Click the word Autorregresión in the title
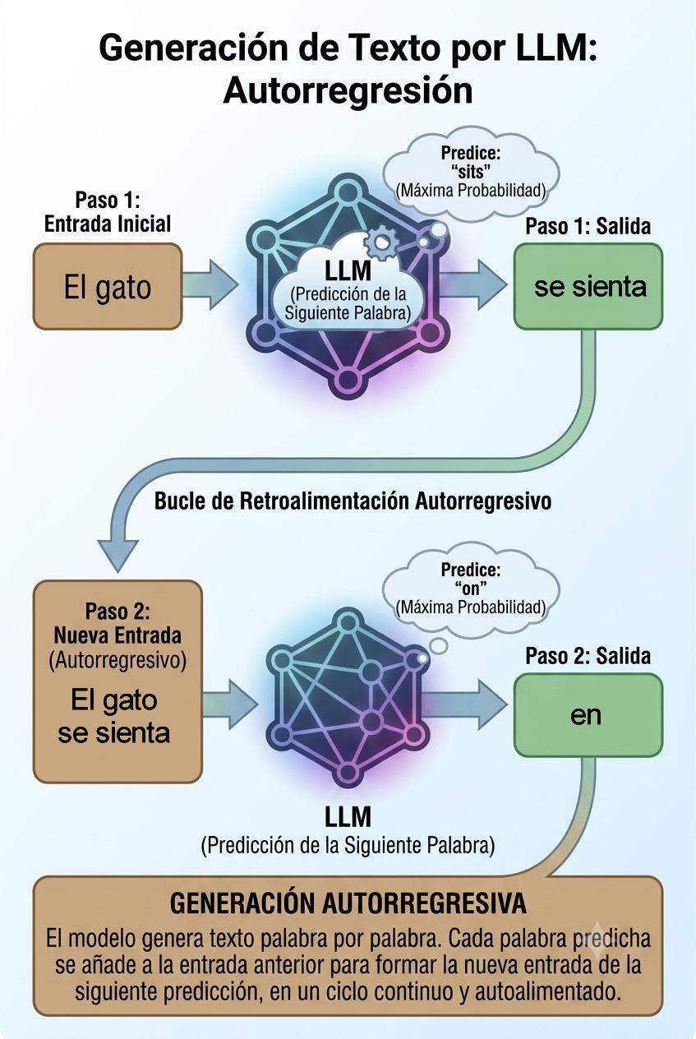click(x=348, y=90)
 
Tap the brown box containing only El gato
click(x=108, y=287)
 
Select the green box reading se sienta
click(x=588, y=287)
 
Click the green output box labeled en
click(x=588, y=715)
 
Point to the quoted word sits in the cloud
click(x=471, y=172)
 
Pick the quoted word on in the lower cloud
click(x=471, y=589)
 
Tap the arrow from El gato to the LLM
click(x=210, y=284)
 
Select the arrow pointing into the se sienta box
click(x=474, y=284)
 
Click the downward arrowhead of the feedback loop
click(x=118, y=555)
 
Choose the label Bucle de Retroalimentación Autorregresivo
click(x=353, y=501)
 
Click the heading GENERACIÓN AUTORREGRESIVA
click(x=348, y=903)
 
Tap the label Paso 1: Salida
click(x=588, y=226)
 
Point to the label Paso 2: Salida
click(x=588, y=656)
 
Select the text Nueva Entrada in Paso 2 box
click(x=118, y=635)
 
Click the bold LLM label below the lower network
click(x=348, y=817)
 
